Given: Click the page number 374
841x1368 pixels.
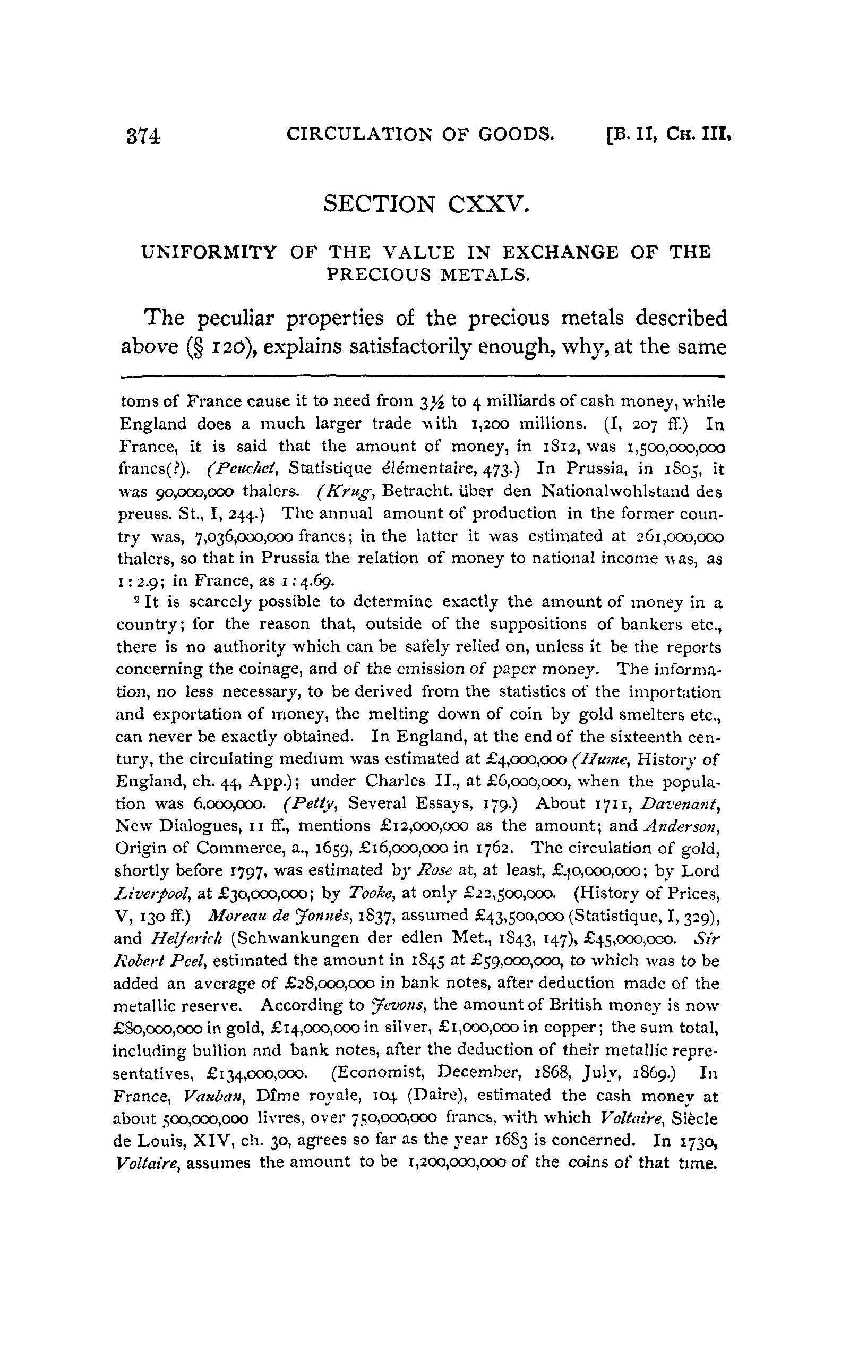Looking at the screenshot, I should click(x=143, y=136).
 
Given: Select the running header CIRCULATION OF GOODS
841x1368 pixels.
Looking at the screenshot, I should click(x=420, y=134).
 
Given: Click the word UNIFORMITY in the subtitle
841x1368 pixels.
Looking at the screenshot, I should click(x=209, y=253).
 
